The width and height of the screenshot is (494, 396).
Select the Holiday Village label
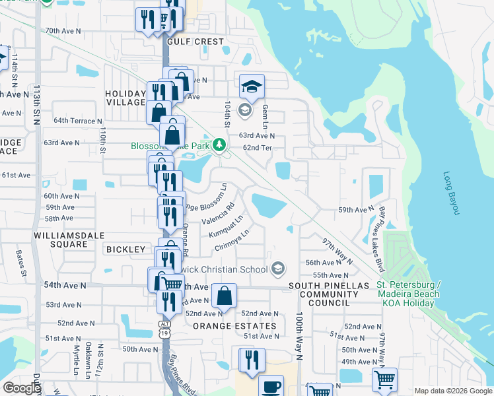point(125,98)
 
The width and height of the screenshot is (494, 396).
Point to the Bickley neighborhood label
point(125,249)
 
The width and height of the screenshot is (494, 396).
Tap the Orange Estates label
point(234,326)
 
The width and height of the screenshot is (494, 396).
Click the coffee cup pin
point(271,386)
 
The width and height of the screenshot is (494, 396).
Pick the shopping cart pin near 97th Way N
point(384,379)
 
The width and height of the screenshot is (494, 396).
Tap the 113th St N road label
point(36,104)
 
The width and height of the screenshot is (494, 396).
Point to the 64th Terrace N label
point(78,121)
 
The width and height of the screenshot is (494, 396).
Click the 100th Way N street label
point(299,336)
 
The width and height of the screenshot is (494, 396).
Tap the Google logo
point(22,388)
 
